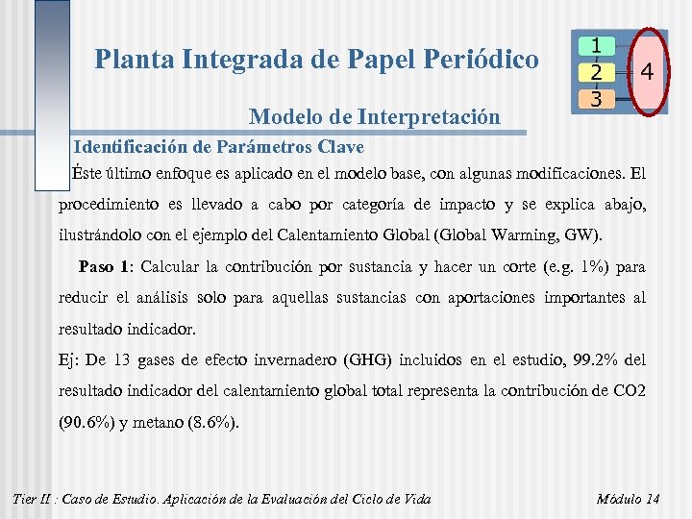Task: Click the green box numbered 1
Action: tap(597, 45)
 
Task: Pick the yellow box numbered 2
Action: tap(597, 72)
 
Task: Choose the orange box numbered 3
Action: tap(597, 98)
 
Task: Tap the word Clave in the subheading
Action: tap(339, 148)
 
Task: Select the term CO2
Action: tap(627, 391)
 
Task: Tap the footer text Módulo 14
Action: tap(628, 499)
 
